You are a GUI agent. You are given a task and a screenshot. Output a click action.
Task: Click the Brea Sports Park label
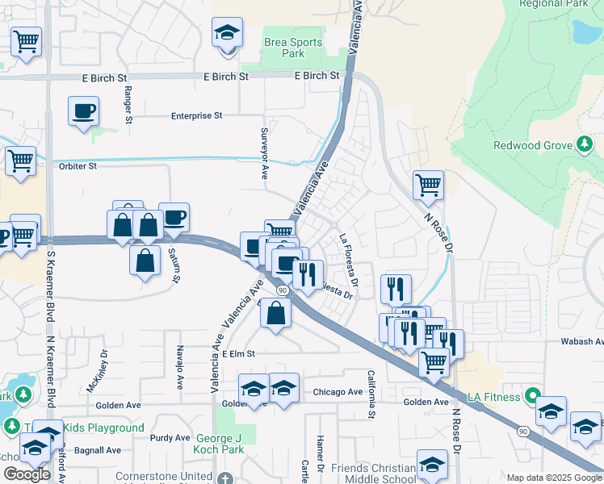pyautogui.click(x=293, y=48)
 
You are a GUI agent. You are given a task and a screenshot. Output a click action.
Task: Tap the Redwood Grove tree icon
pyautogui.click(x=584, y=144)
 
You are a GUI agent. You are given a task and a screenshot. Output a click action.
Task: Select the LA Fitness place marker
pyautogui.click(x=531, y=396)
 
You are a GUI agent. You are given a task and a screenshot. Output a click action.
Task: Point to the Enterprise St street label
pyautogui.click(x=196, y=116)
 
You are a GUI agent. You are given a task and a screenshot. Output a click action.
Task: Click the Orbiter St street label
pyautogui.click(x=78, y=166)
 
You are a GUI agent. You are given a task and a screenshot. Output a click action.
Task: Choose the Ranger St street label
pyautogui.click(x=128, y=106)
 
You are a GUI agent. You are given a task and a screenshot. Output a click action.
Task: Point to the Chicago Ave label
pyautogui.click(x=338, y=392)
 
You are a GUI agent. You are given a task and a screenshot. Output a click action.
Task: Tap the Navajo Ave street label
pyautogui.click(x=179, y=368)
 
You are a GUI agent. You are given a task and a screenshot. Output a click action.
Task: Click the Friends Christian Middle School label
pyautogui.click(x=376, y=474)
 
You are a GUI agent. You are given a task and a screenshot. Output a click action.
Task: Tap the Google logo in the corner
pyautogui.click(x=27, y=474)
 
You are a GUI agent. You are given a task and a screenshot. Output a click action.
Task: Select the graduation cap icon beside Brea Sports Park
pyautogui.click(x=228, y=34)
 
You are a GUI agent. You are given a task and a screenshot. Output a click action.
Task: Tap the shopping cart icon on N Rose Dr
pyautogui.click(x=428, y=185)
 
